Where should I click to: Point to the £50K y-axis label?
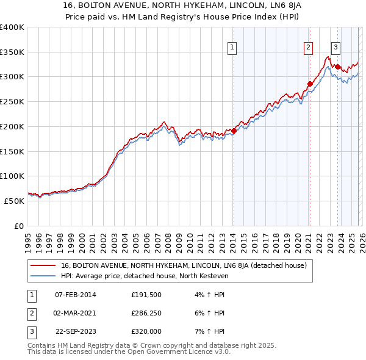pyautogui.click(x=13, y=201)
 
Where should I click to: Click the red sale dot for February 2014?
pyautogui.click(x=234, y=131)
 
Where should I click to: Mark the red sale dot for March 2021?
pyautogui.click(x=310, y=84)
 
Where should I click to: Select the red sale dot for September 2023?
pyautogui.click(x=337, y=67)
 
